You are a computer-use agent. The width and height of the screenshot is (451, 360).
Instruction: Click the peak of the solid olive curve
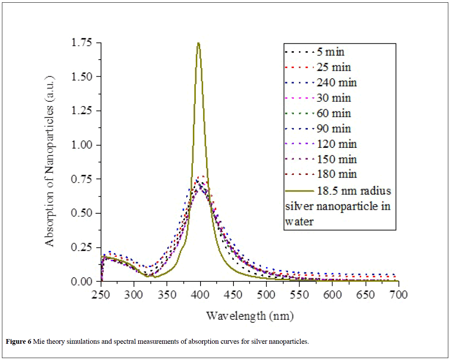click(x=199, y=43)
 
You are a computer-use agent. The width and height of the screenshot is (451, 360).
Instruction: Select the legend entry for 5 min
click(x=329, y=51)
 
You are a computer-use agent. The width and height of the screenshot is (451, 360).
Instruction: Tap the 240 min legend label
click(x=336, y=82)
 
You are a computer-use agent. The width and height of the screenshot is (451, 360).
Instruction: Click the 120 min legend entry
click(x=336, y=144)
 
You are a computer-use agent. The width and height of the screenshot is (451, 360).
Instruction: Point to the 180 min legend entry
click(x=336, y=174)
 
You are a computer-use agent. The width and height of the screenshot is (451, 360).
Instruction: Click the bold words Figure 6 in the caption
click(x=19, y=341)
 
